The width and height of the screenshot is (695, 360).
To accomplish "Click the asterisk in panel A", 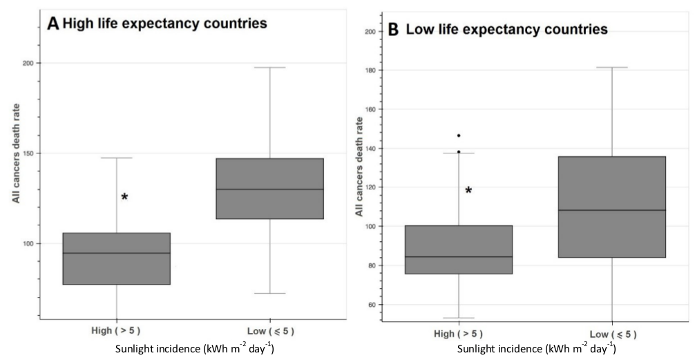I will pyautogui.click(x=124, y=198).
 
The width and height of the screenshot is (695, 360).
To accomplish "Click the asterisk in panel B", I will pyautogui.click(x=468, y=191).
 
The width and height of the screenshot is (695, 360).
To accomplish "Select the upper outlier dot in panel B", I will pyautogui.click(x=459, y=135).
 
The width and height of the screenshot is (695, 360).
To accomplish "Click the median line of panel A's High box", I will pyautogui.click(x=116, y=253).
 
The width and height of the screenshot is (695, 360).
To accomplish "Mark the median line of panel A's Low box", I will pyautogui.click(x=269, y=189).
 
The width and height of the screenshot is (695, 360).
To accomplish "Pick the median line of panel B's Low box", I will pyautogui.click(x=612, y=210).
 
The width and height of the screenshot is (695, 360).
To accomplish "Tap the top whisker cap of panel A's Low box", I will pyautogui.click(x=269, y=68).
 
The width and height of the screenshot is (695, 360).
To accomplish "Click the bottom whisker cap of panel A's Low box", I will pyautogui.click(x=269, y=293).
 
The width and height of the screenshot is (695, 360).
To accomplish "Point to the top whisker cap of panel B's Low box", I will pyautogui.click(x=612, y=68).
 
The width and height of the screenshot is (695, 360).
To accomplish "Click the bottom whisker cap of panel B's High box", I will pyautogui.click(x=459, y=318).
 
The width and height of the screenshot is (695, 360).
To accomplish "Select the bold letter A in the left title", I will pyautogui.click(x=53, y=24).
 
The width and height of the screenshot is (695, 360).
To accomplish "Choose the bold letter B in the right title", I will pyautogui.click(x=394, y=30).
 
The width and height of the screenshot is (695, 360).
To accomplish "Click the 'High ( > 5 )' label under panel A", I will pyautogui.click(x=116, y=331).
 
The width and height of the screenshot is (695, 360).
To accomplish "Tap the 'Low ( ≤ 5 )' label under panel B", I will pyautogui.click(x=612, y=334).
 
